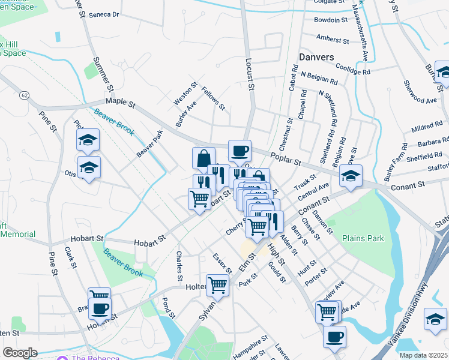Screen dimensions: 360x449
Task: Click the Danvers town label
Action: click(x=316, y=57)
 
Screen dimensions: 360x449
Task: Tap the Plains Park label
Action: click(x=363, y=238)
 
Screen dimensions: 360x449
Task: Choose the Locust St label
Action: click(x=250, y=74)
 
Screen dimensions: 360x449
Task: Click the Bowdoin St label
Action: click(x=331, y=20)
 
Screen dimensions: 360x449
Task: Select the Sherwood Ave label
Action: click(x=420, y=92)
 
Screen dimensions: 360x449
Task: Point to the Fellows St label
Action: click(x=213, y=98)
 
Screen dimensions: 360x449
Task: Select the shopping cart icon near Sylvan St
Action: click(x=217, y=284)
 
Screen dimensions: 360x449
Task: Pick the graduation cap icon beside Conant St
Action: click(x=351, y=175)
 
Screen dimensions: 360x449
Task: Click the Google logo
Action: click(x=20, y=353)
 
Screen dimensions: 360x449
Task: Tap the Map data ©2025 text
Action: click(x=423, y=355)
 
